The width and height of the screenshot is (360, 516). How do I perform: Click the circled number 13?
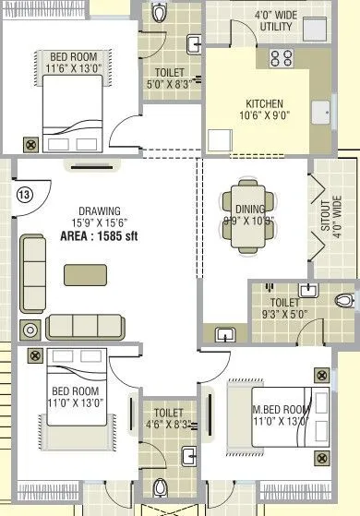pos(24,194)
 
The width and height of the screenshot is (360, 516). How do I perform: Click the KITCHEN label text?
pos(264,103)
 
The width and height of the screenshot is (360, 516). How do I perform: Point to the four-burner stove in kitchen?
pos(281,59)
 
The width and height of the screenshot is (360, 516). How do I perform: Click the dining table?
pos(246,221)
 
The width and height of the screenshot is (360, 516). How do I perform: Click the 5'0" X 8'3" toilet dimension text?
pos(169,83)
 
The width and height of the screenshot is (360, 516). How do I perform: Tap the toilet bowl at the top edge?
pos(160,14)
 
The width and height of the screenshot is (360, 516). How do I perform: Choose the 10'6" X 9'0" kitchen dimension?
pos(264,116)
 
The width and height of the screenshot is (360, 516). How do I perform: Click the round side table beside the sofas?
pos(29,329)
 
